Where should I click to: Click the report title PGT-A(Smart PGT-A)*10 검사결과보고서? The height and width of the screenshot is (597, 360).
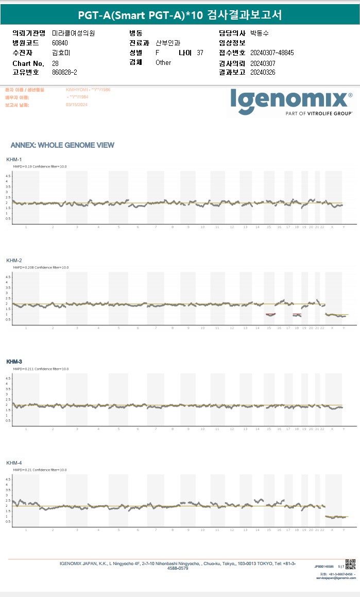pos(180,15)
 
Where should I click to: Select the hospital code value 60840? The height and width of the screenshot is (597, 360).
pos(60,43)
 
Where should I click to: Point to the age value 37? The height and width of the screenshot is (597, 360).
pos(200,53)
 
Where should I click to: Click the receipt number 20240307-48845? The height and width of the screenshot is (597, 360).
pos(271,53)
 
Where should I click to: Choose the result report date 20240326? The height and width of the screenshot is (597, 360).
pos(263,72)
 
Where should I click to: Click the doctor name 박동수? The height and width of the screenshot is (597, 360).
pos(259,33)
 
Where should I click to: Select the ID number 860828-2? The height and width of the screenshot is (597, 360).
pos(64,72)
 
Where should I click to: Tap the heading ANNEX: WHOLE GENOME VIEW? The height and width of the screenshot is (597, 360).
pos(62,145)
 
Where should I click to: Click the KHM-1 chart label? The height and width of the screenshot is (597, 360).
pos(14,160)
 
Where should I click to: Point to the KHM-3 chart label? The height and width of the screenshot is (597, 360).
pos(14,362)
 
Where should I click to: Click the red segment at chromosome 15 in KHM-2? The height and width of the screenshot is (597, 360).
pos(270,314)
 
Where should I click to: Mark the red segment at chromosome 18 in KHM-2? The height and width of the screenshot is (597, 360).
pos(297,314)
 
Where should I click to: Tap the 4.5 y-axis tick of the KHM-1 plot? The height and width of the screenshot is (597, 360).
pos(8,176)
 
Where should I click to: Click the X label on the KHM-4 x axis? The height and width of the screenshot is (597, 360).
pos(332,530)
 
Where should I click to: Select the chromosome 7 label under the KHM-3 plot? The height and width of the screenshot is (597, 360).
pos(156,429)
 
